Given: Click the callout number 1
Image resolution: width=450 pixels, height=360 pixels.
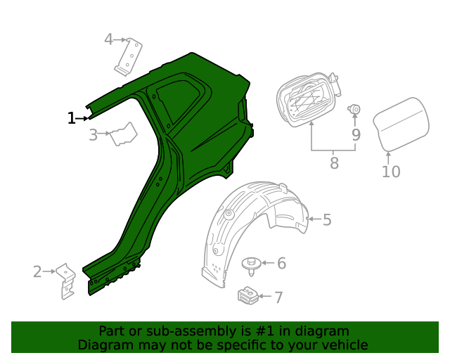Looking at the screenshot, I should pos(71,118).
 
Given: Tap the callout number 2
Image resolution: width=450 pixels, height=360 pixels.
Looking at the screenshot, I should pos(37,271).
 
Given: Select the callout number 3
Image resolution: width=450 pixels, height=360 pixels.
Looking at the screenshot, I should pos(94,134).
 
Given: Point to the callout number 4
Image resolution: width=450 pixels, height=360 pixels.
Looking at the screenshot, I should pos(108,39).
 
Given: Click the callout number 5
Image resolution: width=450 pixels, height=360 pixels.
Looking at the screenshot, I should pos(327,220).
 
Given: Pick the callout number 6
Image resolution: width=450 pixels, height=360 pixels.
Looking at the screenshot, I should pos(281,263).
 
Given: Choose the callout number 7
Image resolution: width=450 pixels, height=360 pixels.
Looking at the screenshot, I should pos(278,297).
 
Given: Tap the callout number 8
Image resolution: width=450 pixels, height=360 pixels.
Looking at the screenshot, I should pos(334,163).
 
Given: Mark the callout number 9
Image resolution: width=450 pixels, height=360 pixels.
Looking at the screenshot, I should pos(356,134).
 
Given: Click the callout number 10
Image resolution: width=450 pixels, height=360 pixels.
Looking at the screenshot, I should pos(391,171).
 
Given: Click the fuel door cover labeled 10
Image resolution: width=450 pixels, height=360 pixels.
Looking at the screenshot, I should pos(399,123).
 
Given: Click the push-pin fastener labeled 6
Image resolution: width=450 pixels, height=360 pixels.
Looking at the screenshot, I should pos(251,266).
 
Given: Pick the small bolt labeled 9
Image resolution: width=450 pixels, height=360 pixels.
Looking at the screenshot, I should pos(355,109).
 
